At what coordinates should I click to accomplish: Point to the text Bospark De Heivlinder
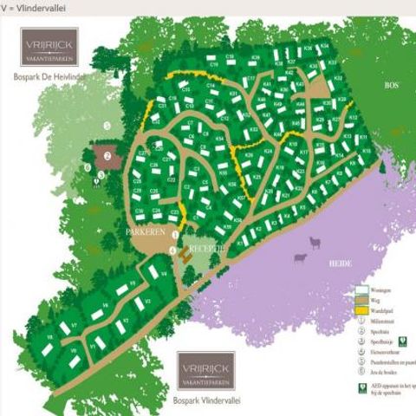52,77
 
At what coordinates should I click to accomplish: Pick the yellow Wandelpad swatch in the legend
361,309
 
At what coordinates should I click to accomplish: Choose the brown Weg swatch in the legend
361,300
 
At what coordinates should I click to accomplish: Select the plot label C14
211,87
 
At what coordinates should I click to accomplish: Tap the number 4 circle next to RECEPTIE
173,251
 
